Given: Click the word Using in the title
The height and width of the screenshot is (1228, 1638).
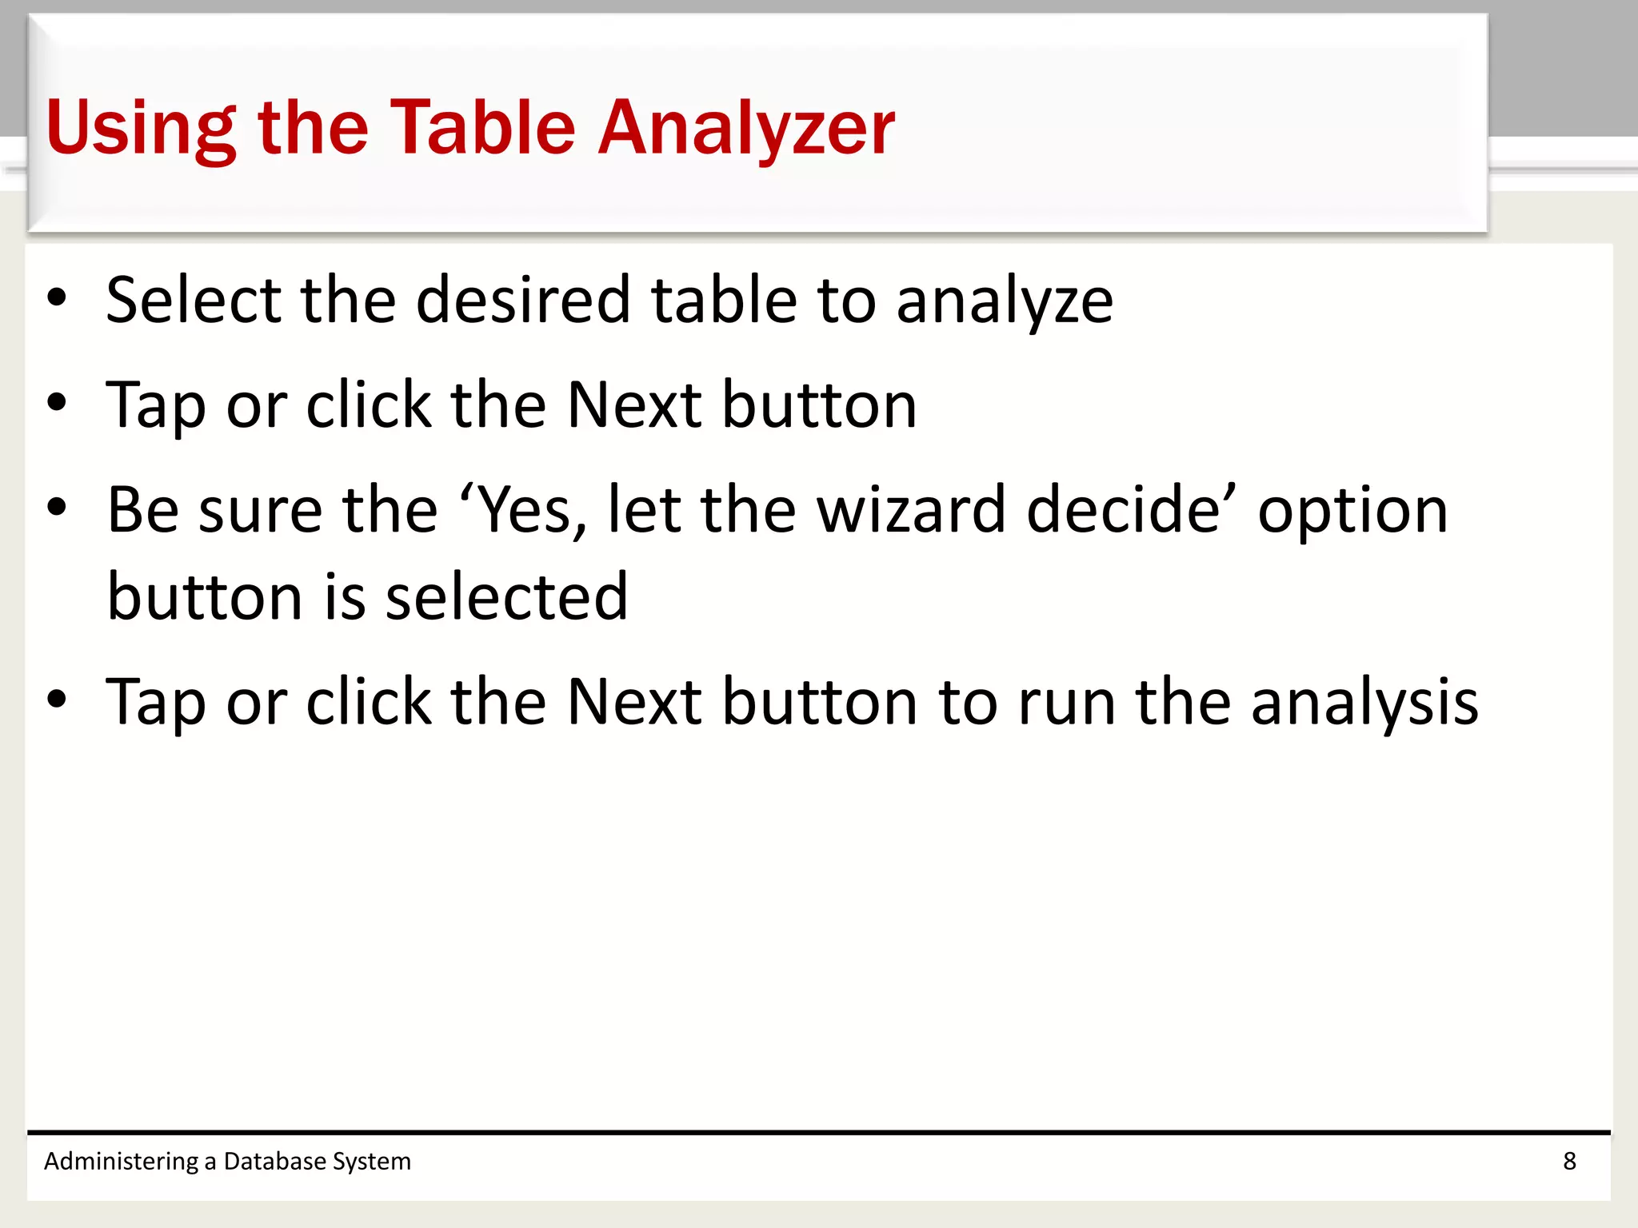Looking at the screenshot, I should click(141, 128).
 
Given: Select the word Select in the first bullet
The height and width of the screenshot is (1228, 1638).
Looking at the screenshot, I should click(194, 300).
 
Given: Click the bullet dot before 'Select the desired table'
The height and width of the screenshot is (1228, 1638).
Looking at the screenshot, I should click(57, 298).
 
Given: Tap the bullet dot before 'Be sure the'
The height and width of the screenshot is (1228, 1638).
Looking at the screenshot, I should click(57, 508).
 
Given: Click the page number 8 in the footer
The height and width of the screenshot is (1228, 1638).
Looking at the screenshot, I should click(1569, 1161).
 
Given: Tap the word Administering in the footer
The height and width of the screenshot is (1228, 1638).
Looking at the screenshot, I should click(121, 1162).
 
